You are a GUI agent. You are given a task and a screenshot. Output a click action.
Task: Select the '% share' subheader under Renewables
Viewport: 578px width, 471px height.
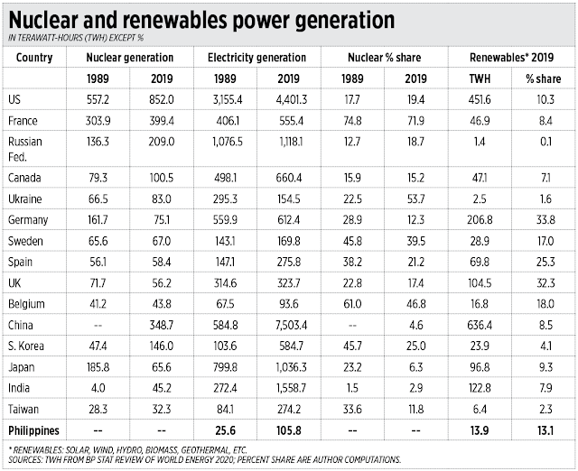545,79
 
